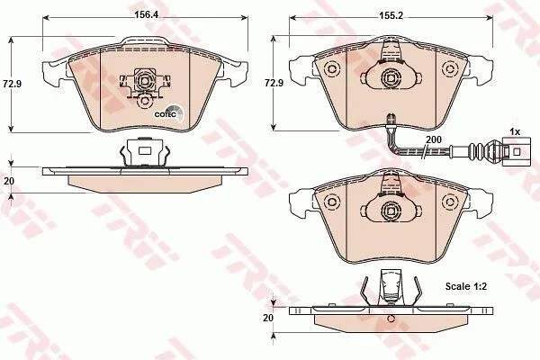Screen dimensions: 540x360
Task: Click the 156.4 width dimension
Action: (x=144, y=14)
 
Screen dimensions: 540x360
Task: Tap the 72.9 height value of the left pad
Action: (x=12, y=84)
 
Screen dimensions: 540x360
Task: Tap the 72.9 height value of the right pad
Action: (x=274, y=83)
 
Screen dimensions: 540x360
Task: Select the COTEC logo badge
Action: (x=168, y=113)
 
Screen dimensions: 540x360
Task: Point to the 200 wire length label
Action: (x=434, y=139)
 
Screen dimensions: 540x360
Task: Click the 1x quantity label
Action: (x=515, y=131)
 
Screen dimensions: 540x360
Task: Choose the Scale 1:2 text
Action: (x=466, y=286)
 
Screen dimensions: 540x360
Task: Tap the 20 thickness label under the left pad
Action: (x=8, y=181)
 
